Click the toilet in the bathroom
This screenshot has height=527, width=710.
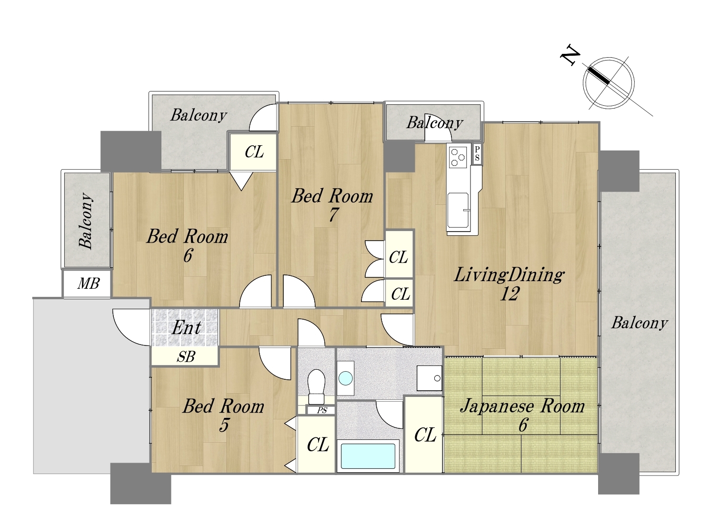click(316, 386)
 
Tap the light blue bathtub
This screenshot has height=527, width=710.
click(368, 456)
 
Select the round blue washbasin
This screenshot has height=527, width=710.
click(345, 378)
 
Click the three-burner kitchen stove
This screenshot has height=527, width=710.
click(458, 157)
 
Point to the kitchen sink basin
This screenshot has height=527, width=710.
click(458, 210)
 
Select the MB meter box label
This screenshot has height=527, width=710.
click(89, 284)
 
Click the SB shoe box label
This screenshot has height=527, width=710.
click(186, 356)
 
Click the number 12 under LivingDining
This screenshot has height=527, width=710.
click(510, 294)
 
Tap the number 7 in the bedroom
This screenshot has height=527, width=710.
click(333, 215)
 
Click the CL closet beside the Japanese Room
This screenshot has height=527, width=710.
click(425, 435)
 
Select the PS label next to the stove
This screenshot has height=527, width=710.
click(477, 154)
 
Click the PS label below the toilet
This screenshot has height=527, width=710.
click(322, 410)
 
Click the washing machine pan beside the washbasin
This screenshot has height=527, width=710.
click(429, 378)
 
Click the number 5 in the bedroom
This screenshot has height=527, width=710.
click(224, 425)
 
